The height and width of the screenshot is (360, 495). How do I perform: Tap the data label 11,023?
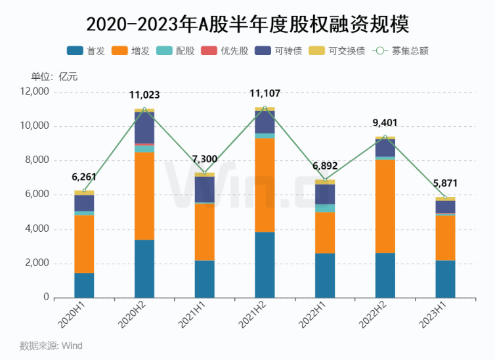(x=144, y=95)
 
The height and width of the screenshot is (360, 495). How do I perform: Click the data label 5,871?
(x=445, y=185)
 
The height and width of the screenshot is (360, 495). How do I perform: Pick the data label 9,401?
(x=385, y=123)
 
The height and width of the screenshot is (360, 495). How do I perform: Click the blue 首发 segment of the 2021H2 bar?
(x=265, y=265)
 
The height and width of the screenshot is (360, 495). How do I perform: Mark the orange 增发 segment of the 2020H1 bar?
(x=84, y=244)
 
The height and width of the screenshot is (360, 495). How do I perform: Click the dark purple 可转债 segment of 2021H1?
(x=204, y=189)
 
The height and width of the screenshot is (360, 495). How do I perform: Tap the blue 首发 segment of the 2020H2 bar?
(x=144, y=269)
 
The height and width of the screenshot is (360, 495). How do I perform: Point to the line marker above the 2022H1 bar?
(x=325, y=180)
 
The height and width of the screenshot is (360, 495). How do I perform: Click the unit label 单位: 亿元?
(x=54, y=76)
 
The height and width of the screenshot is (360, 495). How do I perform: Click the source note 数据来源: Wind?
(x=51, y=346)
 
